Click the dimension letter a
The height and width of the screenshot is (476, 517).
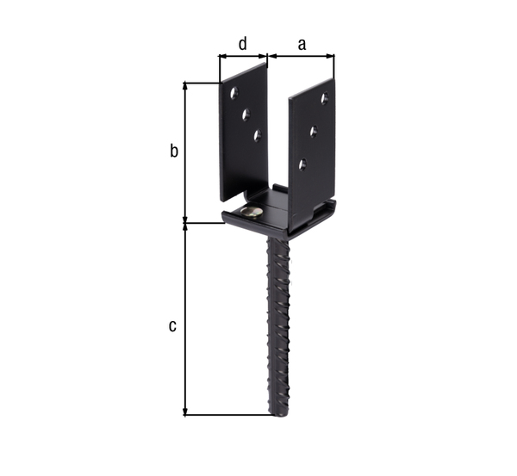coord(302,44)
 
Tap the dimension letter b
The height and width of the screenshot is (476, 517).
coord(173,151)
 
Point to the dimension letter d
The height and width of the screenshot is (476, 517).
coord(242,43)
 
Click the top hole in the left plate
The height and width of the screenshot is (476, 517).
coord(234,93)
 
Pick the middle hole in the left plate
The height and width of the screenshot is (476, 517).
coord(246,113)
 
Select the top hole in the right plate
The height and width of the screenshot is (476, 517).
coord(325,99)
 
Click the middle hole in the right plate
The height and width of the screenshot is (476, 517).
coord(314,131)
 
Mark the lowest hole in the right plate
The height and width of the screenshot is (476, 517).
coord(302,164)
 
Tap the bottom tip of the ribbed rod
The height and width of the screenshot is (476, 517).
coord(281,413)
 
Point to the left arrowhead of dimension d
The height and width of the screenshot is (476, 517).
coord(222,58)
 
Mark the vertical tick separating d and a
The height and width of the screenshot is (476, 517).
coord(267,58)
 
